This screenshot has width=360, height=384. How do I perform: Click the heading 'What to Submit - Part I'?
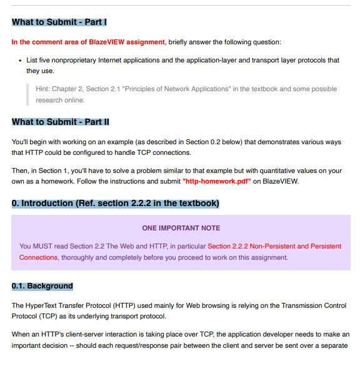click(59, 22)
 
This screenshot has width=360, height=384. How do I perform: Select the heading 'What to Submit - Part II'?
click(61, 122)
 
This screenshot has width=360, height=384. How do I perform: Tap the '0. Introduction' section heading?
click(116, 204)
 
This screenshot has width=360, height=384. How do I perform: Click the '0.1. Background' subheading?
click(42, 286)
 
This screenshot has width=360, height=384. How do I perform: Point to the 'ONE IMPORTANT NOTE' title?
click(181, 228)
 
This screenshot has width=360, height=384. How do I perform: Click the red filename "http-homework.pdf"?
click(217, 182)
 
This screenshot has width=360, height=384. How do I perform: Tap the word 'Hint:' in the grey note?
click(43, 89)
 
